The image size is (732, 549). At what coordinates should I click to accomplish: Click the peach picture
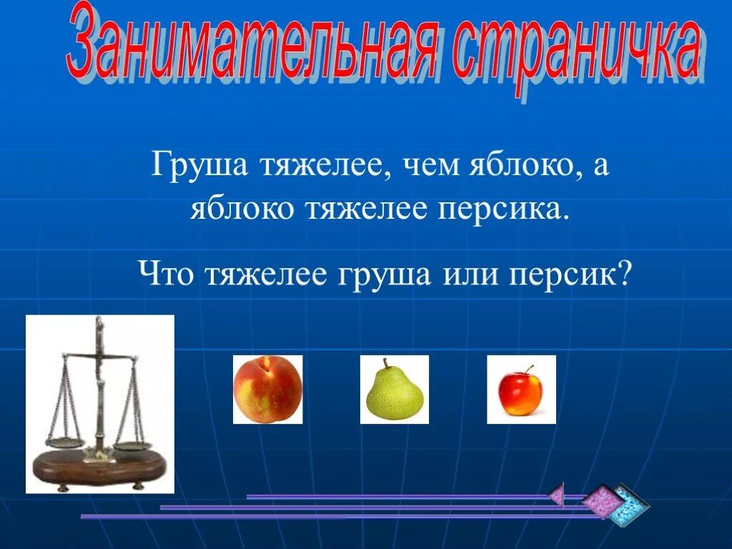[268, 390]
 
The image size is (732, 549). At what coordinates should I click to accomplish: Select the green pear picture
[394, 390]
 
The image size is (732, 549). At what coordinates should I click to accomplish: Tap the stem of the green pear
[385, 363]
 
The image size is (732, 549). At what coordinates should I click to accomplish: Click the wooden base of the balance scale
[100, 466]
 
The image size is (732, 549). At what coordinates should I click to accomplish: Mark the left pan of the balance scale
[65, 442]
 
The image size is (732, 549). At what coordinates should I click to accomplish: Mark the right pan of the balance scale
[133, 446]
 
